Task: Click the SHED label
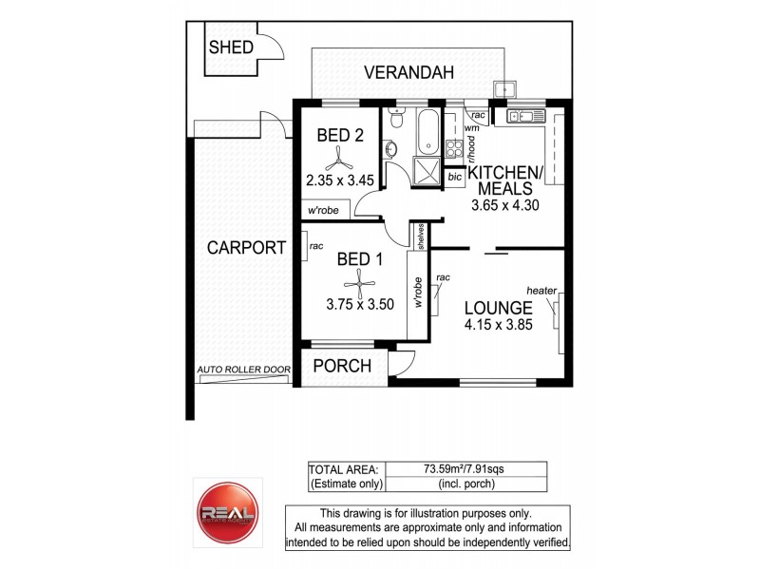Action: click(230, 47)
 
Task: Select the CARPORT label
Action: click(245, 249)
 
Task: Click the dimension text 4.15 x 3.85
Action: click(497, 323)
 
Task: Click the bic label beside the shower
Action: click(454, 177)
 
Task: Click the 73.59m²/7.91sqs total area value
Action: click(464, 468)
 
